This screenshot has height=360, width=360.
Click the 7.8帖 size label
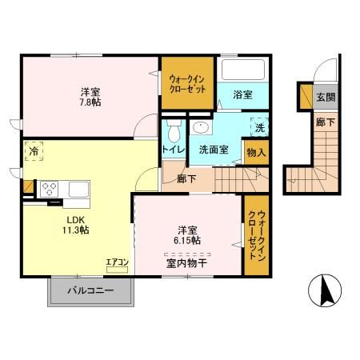point(90,102)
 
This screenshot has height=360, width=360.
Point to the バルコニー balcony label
point(90,291)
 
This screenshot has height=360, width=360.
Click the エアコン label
point(116,260)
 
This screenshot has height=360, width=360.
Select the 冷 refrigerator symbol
point(34,150)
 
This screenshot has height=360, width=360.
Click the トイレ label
point(173,149)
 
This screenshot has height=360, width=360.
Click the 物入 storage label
point(257,150)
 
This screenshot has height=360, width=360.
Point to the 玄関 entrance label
point(325,98)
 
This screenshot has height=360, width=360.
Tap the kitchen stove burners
point(48,190)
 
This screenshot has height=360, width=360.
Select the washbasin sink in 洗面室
point(201,127)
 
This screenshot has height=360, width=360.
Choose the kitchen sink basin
point(78,189)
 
